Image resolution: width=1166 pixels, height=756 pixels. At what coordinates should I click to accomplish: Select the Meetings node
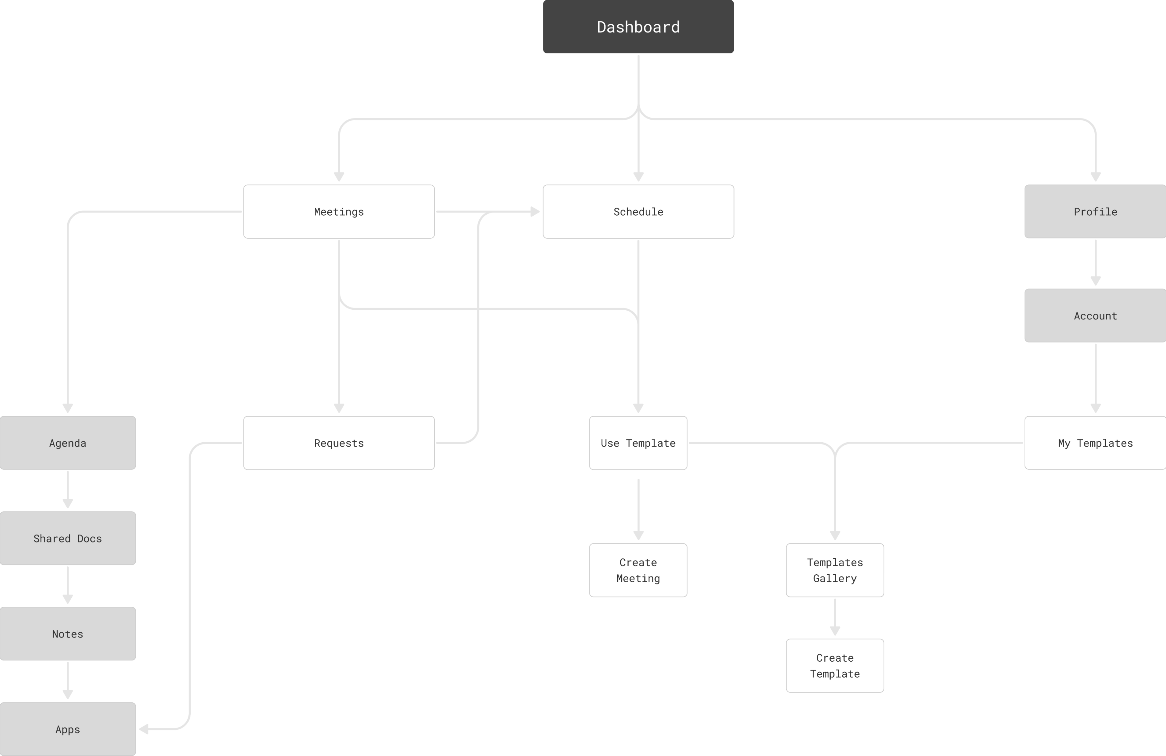pos(339,211)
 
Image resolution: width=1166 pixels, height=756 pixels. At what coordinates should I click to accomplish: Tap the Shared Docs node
pos(68,538)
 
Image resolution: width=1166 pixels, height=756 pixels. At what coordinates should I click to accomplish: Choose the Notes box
pos(68,633)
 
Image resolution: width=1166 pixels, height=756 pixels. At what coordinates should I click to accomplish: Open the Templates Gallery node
pos(835,570)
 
